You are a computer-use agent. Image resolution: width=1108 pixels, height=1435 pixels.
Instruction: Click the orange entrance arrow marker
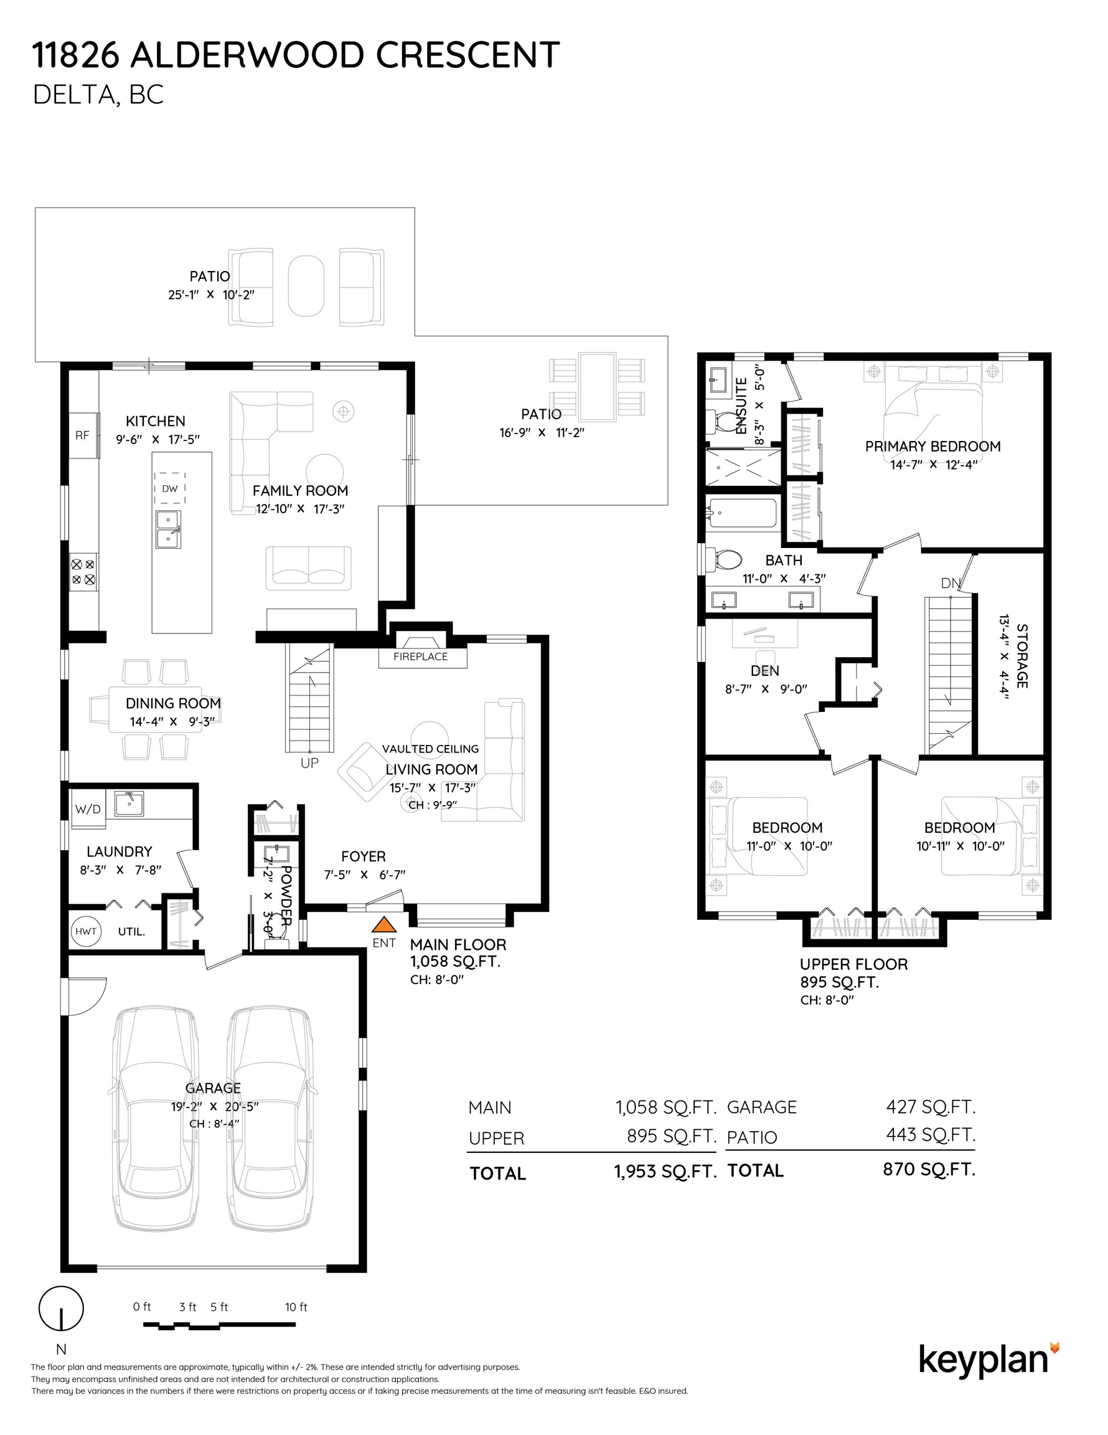point(384,925)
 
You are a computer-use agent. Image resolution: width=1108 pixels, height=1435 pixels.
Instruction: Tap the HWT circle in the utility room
point(85,931)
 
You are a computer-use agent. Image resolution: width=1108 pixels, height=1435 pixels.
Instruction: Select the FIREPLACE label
point(420,656)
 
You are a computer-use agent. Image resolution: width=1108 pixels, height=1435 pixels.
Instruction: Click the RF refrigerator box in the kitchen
point(83,435)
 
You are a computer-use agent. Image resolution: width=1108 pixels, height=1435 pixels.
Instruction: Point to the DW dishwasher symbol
point(169,488)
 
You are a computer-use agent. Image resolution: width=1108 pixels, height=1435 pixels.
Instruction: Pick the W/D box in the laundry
point(87,809)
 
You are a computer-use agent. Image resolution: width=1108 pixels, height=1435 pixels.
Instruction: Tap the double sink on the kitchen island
point(168,529)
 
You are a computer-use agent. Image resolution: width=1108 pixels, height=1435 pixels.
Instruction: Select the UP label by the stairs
point(309,763)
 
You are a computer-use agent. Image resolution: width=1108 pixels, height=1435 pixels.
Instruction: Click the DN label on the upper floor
point(951,583)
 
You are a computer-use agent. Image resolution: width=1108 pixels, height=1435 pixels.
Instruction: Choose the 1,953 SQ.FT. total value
point(665,1172)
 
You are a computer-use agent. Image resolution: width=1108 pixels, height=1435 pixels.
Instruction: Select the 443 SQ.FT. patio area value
point(931,1135)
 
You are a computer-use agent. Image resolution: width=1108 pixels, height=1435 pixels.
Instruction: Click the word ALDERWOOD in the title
point(248,55)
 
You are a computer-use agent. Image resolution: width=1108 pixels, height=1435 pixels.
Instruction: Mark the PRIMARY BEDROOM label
point(932,447)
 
